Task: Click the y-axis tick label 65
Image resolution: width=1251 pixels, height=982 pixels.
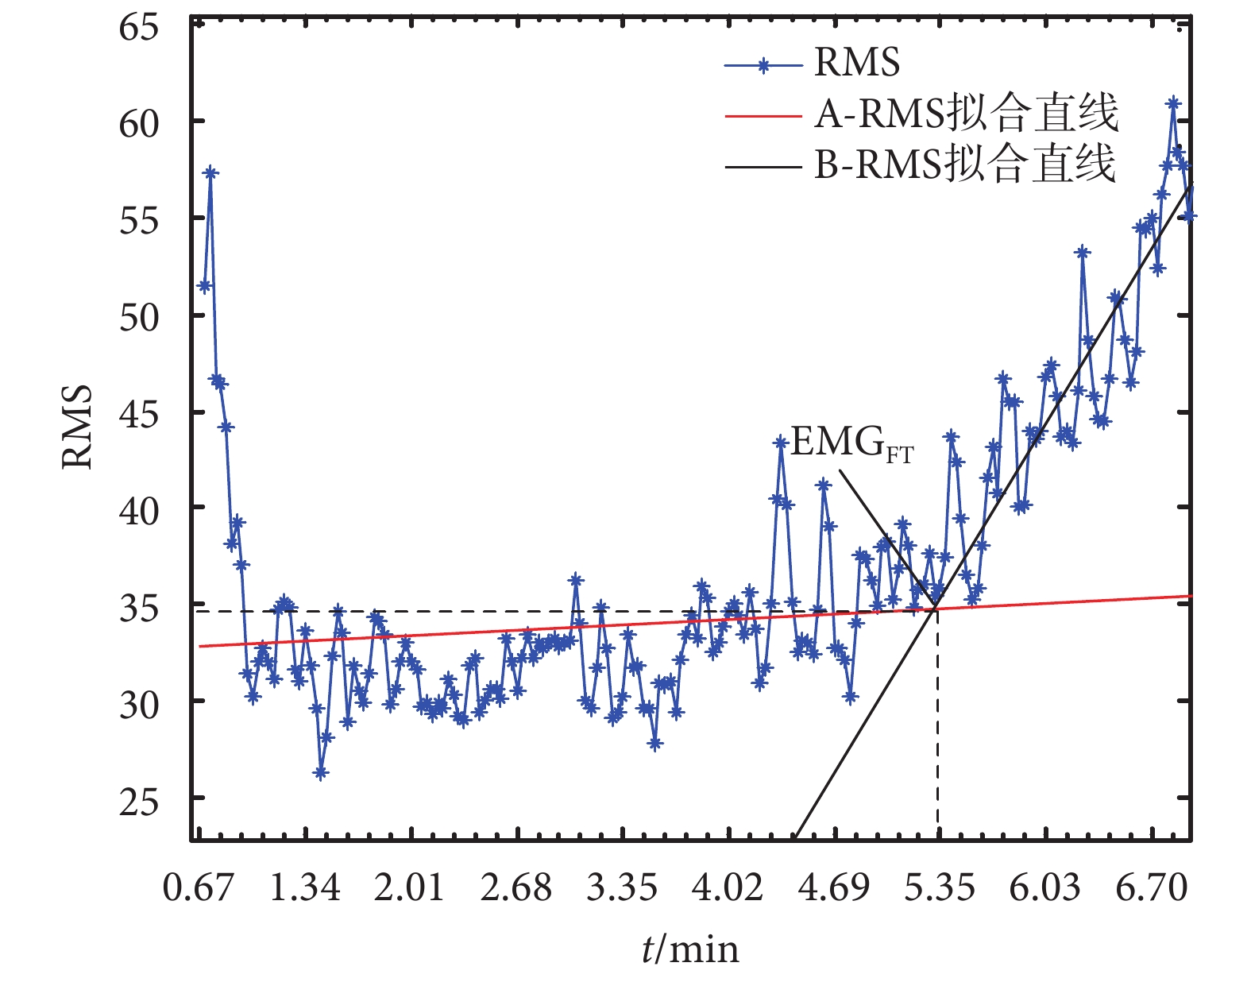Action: click(x=139, y=27)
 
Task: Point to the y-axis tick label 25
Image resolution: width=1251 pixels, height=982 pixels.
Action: click(x=139, y=802)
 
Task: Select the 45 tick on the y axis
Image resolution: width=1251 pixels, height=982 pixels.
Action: click(x=139, y=414)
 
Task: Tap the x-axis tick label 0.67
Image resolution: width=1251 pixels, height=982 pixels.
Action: click(x=199, y=887)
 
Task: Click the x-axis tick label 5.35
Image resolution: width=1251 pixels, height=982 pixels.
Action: click(x=939, y=887)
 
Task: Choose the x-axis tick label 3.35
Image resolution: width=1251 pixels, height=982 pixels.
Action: click(x=622, y=887)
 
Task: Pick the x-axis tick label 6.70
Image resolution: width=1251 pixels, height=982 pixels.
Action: click(x=1151, y=887)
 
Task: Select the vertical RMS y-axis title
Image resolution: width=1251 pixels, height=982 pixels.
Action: click(x=78, y=427)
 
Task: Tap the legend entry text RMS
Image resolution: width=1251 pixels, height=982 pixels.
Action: click(x=857, y=63)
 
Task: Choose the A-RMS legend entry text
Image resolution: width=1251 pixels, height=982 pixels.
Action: click(x=966, y=114)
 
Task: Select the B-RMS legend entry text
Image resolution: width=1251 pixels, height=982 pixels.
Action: click(x=965, y=165)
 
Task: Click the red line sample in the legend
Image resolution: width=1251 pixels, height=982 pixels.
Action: click(x=763, y=116)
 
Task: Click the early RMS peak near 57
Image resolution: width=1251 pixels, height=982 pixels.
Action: click(x=210, y=172)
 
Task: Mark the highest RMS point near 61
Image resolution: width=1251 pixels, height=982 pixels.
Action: click(x=1173, y=103)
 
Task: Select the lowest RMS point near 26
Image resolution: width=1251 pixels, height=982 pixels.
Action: click(x=321, y=772)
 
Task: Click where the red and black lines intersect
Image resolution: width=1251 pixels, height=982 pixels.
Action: click(x=935, y=609)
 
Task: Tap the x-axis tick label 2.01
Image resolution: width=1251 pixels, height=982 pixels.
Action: click(x=410, y=887)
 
